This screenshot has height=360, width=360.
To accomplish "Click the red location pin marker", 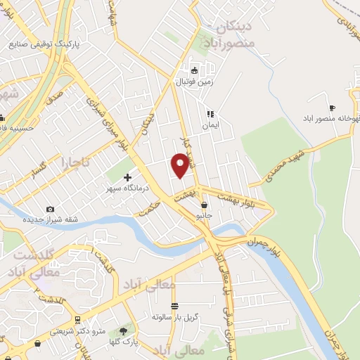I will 180,165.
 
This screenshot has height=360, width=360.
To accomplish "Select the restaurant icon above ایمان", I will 209,114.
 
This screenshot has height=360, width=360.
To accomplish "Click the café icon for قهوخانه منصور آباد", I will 332,108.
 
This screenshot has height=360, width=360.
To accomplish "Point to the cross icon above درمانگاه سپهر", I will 127,178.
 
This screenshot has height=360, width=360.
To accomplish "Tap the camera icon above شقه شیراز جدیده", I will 50,209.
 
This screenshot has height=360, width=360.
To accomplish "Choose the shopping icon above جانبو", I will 204,205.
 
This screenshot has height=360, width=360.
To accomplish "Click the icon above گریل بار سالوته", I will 174,305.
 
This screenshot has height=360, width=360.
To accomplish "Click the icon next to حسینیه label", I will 2,117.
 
